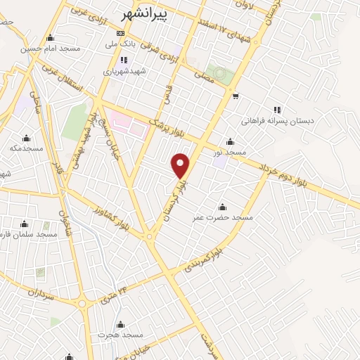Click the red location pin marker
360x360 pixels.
pyautogui.click(x=181, y=165)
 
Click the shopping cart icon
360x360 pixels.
pyautogui.click(x=236, y=96)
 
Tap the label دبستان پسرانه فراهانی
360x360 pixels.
pyautogui.click(x=277, y=121)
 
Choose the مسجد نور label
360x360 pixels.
pyautogui.click(x=230, y=152)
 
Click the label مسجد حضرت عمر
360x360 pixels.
pyautogui.click(x=223, y=218)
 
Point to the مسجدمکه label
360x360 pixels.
pyautogui.click(x=27, y=148)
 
